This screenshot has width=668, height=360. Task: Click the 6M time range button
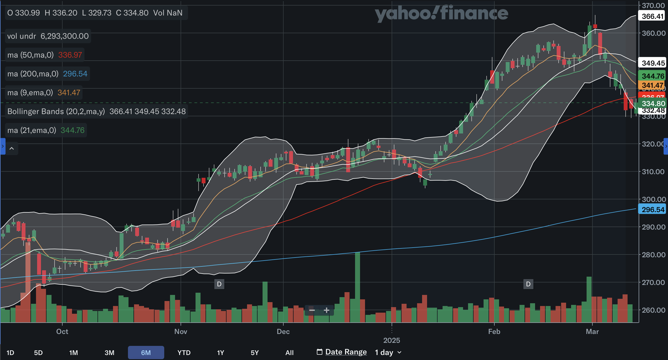146,353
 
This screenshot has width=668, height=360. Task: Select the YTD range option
184,353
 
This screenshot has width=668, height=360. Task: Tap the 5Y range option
255,353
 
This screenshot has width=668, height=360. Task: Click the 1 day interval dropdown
388,353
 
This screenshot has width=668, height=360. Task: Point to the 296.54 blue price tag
652,209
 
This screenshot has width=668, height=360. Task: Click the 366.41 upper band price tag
652,16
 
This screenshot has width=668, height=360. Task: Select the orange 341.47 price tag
652,85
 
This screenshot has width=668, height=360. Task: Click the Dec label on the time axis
283,331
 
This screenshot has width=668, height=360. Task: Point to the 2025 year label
392,340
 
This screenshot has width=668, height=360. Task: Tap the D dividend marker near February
528,284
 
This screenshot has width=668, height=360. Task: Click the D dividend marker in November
219,284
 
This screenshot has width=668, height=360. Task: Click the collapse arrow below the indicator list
12,148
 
